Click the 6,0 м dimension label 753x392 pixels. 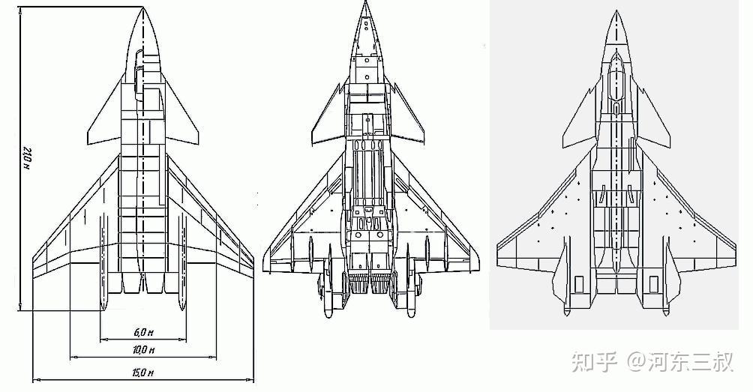(143, 332)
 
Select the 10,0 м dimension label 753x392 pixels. (143, 350)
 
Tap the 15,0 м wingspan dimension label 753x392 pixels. (143, 373)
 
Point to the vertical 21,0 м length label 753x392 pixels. (27, 158)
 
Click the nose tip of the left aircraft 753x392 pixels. (143, 7)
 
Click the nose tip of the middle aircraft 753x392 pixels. (365, 2)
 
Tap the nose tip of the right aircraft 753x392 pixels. (616, 10)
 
